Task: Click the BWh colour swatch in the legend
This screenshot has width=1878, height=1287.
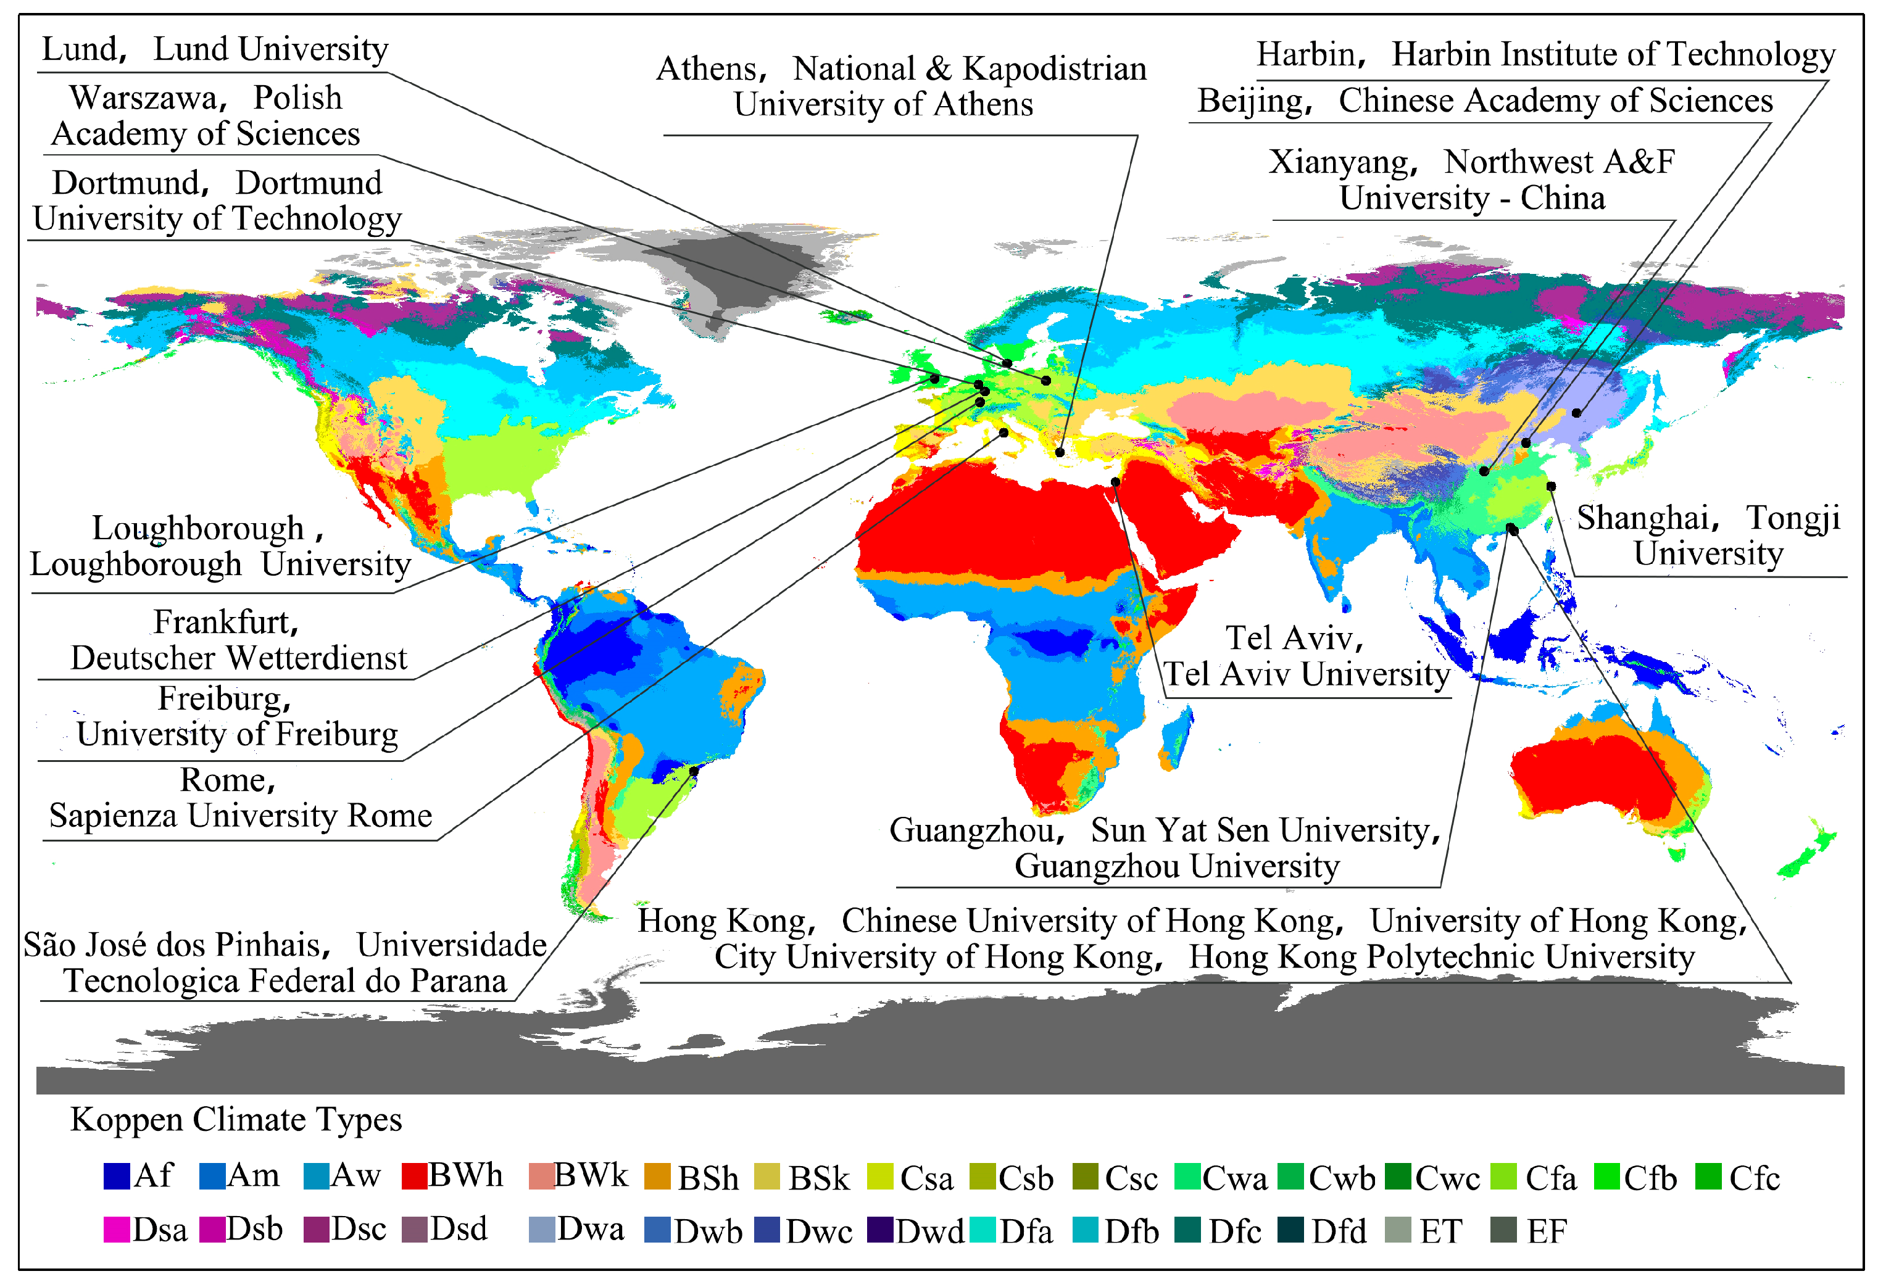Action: (413, 1177)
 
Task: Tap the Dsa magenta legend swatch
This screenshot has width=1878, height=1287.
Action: (117, 1230)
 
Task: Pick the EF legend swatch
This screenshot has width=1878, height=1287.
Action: (1503, 1230)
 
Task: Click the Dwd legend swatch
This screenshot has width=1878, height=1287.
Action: (880, 1230)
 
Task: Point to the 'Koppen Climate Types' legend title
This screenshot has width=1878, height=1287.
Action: (236, 1120)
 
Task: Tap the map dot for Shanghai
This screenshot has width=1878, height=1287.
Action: (1551, 486)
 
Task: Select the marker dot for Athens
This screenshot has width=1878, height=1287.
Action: (1060, 452)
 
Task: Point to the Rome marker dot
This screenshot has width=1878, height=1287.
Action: (1003, 433)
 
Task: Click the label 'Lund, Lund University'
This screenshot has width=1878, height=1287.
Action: (215, 50)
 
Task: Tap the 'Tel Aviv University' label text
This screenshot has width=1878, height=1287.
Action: (1307, 674)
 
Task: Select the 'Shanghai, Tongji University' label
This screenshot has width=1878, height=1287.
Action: (1708, 536)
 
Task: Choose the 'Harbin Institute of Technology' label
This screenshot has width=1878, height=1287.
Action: (1613, 54)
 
